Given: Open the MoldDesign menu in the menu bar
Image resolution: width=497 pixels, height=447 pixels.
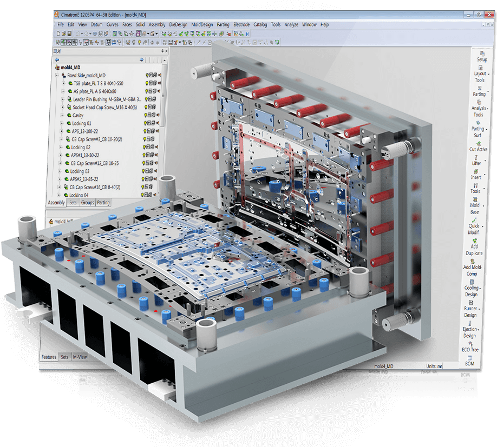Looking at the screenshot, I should click(202, 24).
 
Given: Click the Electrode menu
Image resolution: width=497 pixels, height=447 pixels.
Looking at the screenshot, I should click(241, 24).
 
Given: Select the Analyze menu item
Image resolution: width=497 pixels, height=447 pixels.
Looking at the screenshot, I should click(291, 24).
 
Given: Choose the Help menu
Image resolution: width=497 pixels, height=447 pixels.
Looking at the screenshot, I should click(324, 24).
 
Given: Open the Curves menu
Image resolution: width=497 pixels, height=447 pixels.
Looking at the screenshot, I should click(112, 24).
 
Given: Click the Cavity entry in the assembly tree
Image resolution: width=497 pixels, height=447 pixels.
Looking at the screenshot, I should click(77, 115).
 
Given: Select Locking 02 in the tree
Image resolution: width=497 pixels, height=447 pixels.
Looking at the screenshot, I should click(81, 147).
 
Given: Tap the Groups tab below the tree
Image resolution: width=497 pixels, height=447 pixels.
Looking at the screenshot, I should click(87, 203).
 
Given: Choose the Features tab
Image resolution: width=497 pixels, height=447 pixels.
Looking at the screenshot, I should click(49, 357).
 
